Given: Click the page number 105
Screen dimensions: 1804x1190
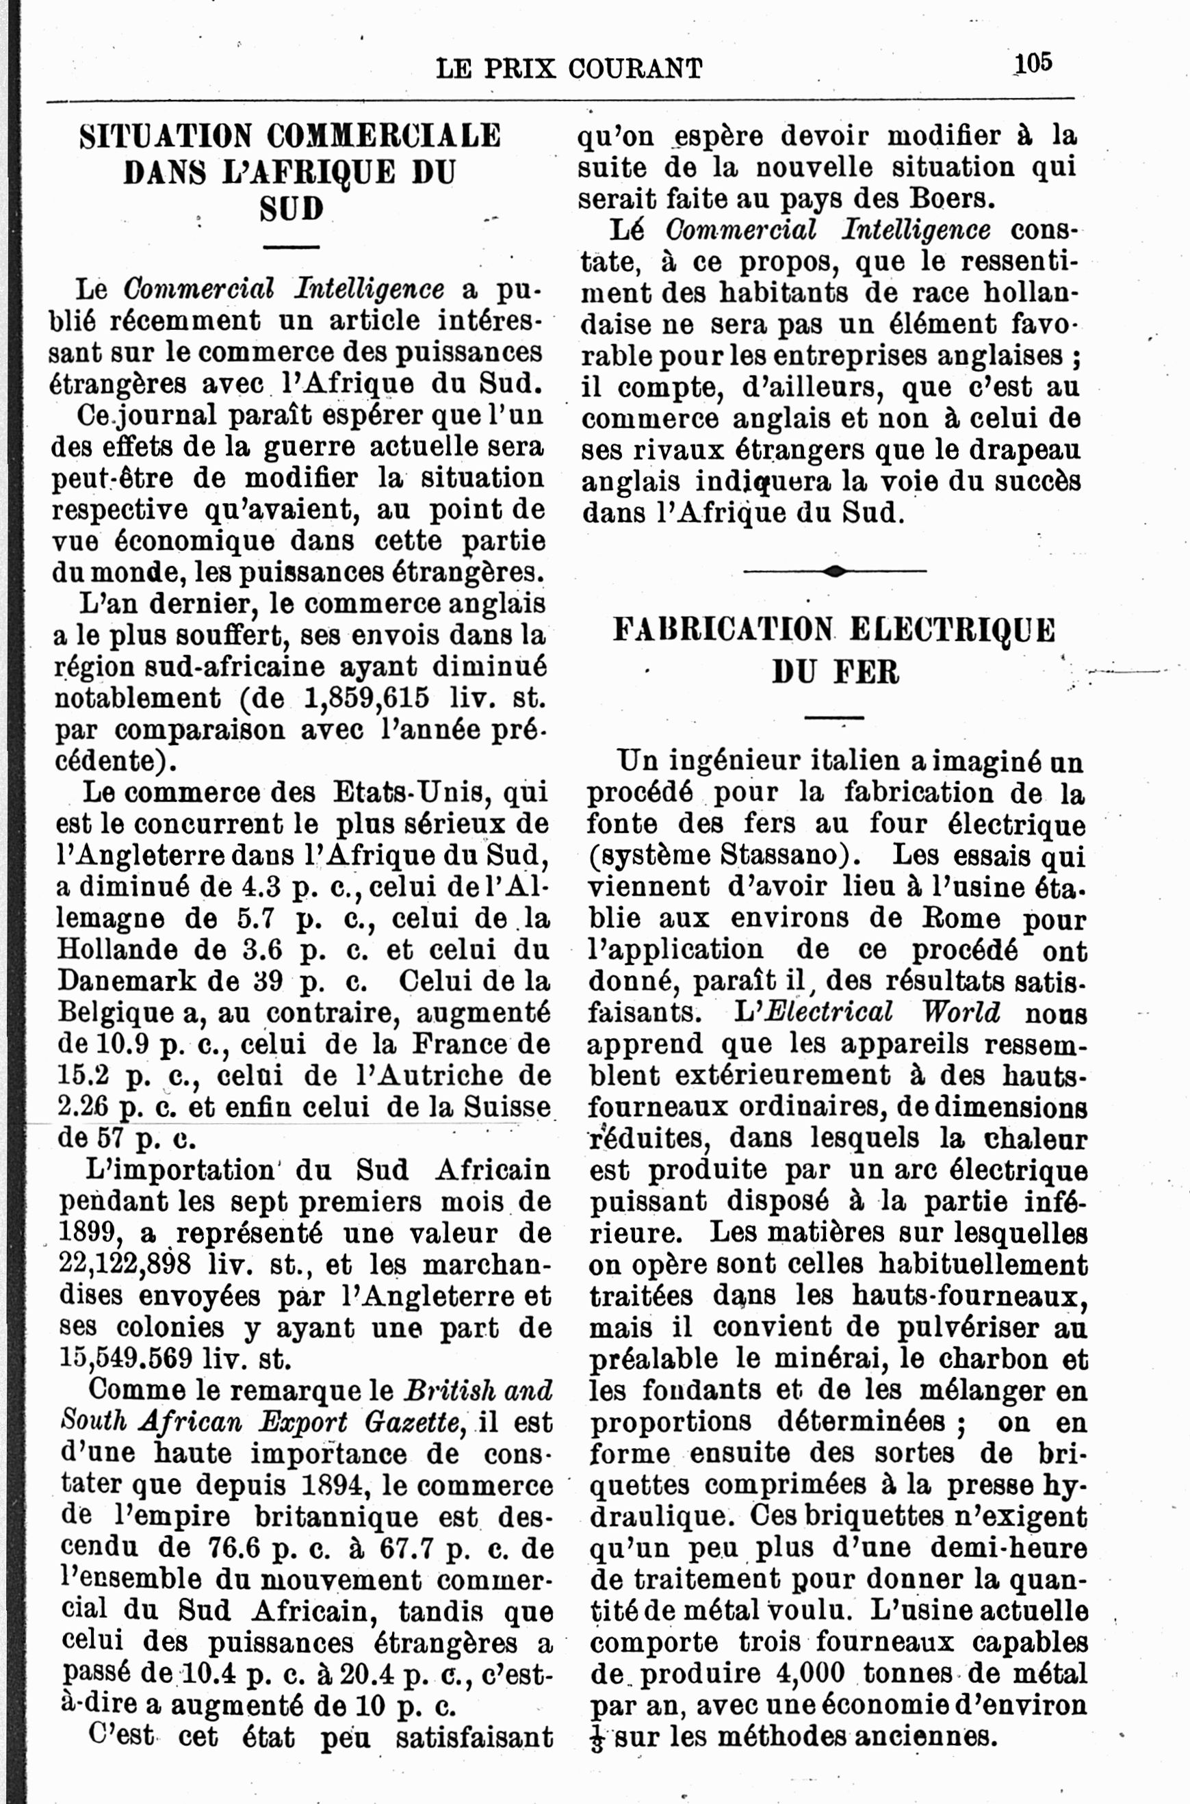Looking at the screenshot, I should tap(1033, 63).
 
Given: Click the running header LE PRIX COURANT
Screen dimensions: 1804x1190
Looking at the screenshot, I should tap(569, 69).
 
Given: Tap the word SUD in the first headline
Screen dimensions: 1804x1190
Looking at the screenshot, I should tap(292, 209).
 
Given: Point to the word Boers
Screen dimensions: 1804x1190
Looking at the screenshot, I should tap(951, 199).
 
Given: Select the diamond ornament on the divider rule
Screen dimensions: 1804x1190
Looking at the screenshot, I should tap(834, 571).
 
